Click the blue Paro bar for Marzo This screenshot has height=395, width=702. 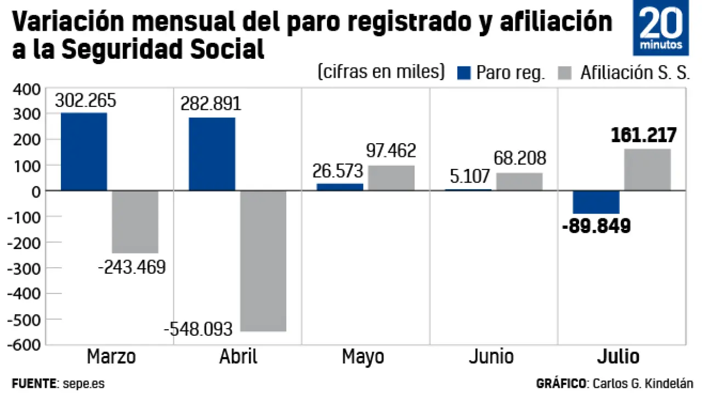pyautogui.click(x=84, y=151)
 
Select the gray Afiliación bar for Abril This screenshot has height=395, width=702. pyautogui.click(x=263, y=261)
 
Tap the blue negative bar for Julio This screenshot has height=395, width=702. pyautogui.click(x=596, y=202)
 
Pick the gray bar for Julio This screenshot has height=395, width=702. pyautogui.click(x=647, y=170)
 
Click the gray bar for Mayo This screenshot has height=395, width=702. pyautogui.click(x=391, y=178)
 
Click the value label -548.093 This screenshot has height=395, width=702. pyautogui.click(x=199, y=330)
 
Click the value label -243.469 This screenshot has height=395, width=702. pyautogui.click(x=131, y=268)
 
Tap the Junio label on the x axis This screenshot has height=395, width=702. pyautogui.click(x=491, y=357)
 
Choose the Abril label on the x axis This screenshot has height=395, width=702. pyautogui.click(x=238, y=357)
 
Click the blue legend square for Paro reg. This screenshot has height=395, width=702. pyautogui.click(x=464, y=73)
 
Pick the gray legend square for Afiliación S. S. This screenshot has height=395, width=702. pyautogui.click(x=564, y=73)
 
